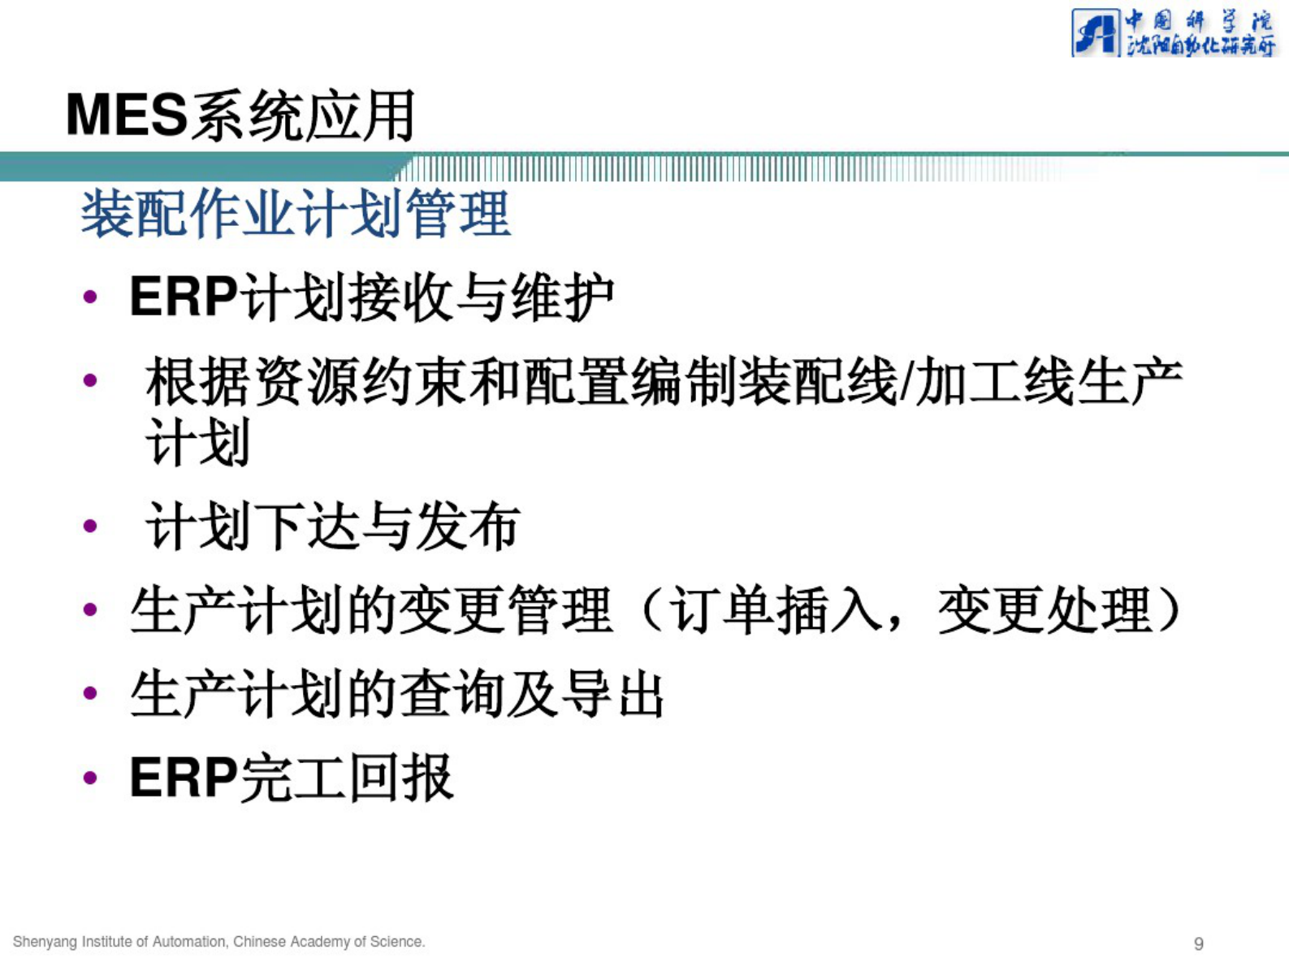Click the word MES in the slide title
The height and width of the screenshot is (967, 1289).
coord(127,115)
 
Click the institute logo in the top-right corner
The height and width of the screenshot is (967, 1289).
coord(1173,33)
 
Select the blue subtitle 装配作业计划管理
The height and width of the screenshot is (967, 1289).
coord(296,214)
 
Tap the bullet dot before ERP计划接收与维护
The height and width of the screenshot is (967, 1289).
coord(90,297)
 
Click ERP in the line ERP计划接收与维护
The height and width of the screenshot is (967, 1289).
coord(184,297)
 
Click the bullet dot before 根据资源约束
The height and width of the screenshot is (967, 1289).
coord(90,380)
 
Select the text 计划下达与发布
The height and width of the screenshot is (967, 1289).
coord(333,527)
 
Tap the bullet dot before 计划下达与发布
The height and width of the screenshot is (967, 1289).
coord(90,527)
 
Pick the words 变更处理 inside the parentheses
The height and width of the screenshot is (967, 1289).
coord(1045,610)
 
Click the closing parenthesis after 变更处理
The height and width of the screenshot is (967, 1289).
coord(1170,610)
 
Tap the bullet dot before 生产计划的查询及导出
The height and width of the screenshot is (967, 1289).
coord(90,693)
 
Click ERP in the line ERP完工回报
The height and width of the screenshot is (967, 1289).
coord(184,778)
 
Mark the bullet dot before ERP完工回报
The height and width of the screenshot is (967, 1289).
coord(90,778)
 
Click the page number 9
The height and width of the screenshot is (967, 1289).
coord(1198,943)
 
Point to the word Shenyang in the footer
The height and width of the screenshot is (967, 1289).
coord(41,942)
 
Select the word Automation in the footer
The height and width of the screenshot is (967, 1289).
coord(189,942)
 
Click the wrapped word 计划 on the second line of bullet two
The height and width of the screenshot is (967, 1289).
coord(198,443)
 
